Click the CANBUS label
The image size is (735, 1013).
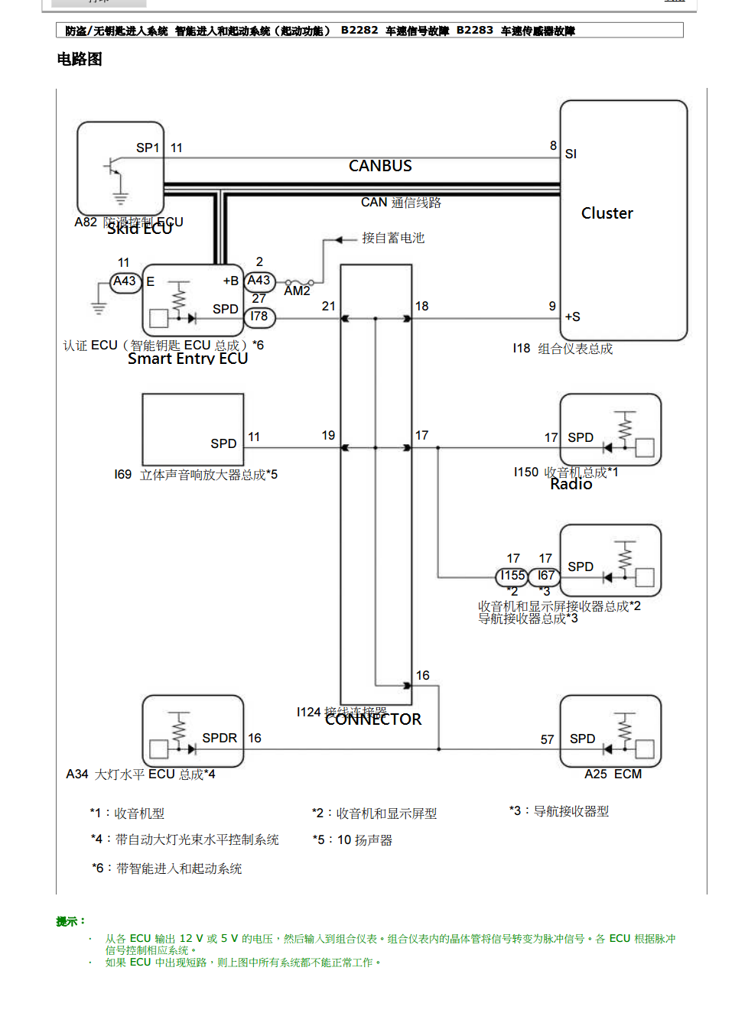(380, 166)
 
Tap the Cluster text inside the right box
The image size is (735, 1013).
(607, 213)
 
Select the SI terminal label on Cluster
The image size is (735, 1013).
(571, 154)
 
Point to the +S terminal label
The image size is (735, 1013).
(572, 317)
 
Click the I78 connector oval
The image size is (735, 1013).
(259, 317)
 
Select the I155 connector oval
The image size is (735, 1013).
(512, 576)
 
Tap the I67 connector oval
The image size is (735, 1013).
(545, 576)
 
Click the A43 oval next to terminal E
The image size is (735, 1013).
(125, 281)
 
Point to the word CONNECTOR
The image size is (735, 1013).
(373, 719)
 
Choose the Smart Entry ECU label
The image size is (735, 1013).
(187, 359)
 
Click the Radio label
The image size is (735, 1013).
(571, 484)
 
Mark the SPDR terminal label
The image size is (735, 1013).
(220, 738)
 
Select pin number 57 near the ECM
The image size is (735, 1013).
(547, 739)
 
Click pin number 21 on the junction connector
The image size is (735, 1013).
(329, 306)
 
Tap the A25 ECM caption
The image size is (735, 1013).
(613, 774)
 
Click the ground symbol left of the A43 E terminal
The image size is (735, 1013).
(99, 307)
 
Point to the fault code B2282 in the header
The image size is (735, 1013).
(359, 30)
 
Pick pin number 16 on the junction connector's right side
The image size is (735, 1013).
(423, 675)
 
